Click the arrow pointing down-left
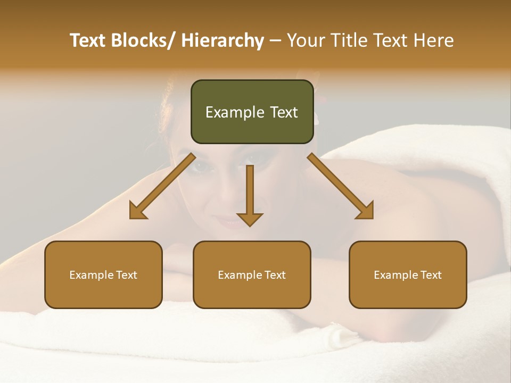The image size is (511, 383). point(162,186)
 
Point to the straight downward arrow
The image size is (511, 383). point(250,195)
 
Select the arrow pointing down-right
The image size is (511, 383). point(341,186)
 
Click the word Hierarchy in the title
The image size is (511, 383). point(222,40)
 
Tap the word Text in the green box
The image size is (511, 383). point(284,112)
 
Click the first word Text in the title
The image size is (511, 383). point(88,40)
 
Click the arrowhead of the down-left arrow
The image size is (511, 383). point(137,211)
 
